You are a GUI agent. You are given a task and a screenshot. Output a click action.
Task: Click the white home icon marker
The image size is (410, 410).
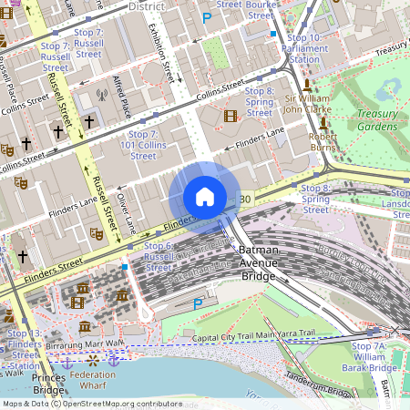click(205, 197)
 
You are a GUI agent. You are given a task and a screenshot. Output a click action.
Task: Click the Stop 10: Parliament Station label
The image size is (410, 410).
click(302, 48)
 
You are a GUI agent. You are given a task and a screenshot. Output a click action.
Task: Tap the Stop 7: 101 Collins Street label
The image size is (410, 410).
click(138, 145)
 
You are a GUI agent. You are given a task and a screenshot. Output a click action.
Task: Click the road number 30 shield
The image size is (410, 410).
click(245, 199)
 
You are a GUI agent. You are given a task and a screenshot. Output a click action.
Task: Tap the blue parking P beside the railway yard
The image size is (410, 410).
click(197, 303)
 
